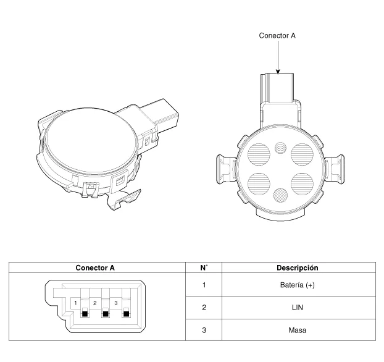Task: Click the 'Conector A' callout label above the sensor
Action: point(277,36)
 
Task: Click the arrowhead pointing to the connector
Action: point(278,71)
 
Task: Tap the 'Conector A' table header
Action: point(95,267)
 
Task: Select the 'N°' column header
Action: point(204,267)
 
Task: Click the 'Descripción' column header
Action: point(298,267)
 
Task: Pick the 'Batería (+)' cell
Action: point(298,285)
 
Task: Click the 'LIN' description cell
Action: point(298,308)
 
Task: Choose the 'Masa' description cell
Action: point(298,330)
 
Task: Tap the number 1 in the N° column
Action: point(204,285)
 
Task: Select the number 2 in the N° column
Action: point(204,308)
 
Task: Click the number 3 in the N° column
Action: point(204,330)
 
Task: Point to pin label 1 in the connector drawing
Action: point(75,303)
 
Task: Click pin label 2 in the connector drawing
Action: point(95,303)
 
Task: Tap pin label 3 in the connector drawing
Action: point(116,303)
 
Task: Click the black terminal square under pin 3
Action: point(126,314)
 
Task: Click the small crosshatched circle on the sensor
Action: point(280,196)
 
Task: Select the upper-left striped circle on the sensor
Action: point(259,154)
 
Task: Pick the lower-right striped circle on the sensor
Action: point(303,184)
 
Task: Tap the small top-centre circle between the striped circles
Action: point(280,148)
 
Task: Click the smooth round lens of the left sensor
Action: point(91,140)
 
